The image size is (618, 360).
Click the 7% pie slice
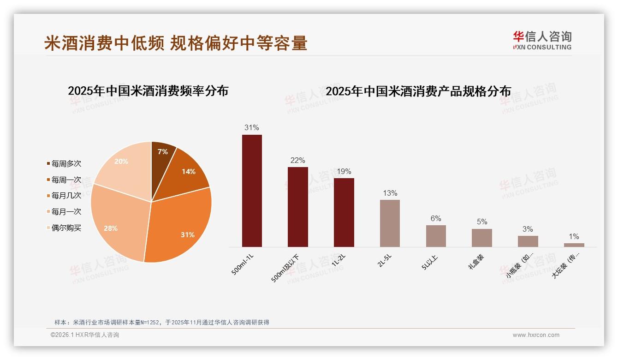162,155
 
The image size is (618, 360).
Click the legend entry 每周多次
66,164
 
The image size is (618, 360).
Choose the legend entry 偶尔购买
66,228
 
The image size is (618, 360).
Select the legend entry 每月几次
66,196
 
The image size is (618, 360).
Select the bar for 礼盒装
481,238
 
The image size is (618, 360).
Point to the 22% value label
297,161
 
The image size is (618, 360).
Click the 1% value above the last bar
574,237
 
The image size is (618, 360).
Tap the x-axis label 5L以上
430,262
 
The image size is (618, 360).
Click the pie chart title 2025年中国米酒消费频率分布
148,91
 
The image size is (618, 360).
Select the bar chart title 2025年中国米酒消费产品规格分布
418,91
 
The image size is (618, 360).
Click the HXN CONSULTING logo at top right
542,41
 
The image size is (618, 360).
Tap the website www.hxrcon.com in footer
536,335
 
